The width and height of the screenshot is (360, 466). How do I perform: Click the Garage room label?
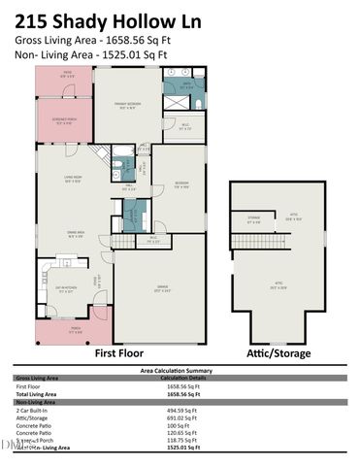[161, 287]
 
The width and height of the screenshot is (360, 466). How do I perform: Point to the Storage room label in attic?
[253, 220]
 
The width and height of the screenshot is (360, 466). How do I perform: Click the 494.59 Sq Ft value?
[182, 410]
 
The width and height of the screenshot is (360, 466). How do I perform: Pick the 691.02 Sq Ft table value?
[182, 417]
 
